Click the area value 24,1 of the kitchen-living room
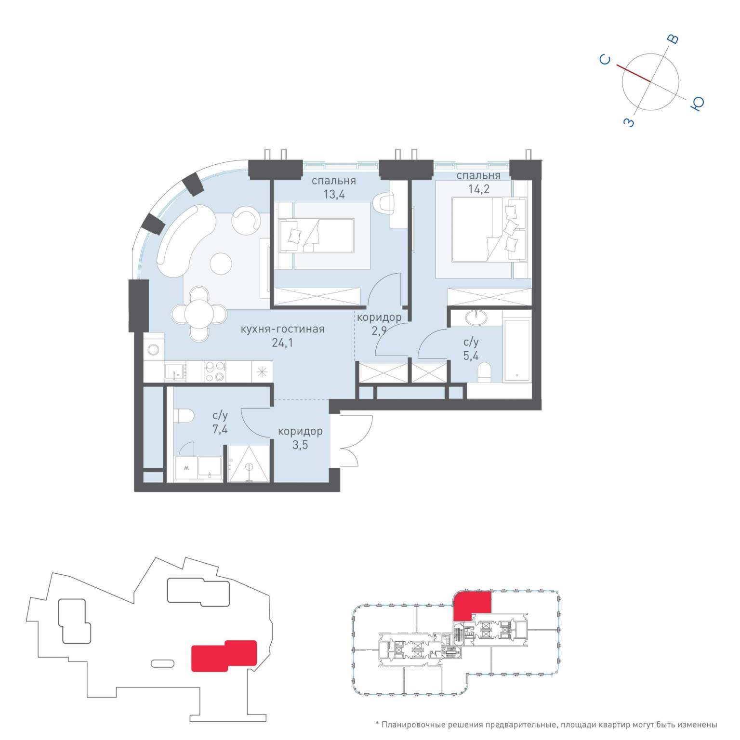(x=282, y=343)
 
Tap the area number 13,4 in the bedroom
(x=334, y=195)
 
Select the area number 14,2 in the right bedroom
(x=478, y=189)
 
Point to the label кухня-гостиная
(x=282, y=330)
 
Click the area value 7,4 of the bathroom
(x=220, y=429)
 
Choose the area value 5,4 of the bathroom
(x=471, y=356)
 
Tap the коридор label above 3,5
(x=300, y=432)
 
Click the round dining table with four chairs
(x=199, y=314)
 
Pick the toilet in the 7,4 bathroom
(x=184, y=415)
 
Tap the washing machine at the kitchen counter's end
(x=154, y=349)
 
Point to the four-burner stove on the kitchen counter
(x=214, y=371)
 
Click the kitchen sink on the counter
(x=175, y=372)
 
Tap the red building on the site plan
(x=224, y=656)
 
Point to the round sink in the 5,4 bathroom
(x=476, y=317)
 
